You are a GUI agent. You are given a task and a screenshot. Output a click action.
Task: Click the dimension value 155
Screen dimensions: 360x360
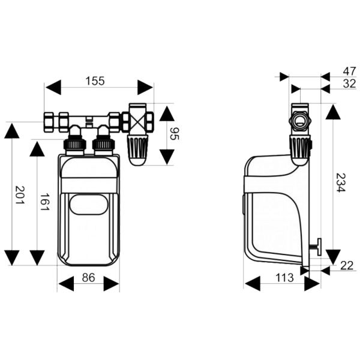pos(95,81)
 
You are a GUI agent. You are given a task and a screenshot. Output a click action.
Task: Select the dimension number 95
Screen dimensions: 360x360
pos(175,134)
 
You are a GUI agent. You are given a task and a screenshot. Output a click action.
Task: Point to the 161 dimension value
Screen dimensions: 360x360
pos(45,202)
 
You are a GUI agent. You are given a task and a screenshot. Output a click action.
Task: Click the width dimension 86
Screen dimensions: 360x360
pos(88,278)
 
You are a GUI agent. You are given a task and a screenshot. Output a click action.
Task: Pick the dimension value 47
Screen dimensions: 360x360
pos(350,71)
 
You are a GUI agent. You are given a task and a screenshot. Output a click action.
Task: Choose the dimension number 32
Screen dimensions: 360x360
pos(350,83)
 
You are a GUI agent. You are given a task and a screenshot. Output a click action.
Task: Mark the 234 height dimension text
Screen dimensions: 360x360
pos(341,182)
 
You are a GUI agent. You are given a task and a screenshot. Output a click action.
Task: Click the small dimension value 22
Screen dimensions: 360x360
pos(347,266)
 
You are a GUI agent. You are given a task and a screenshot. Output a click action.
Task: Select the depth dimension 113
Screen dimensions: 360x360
pos(284,278)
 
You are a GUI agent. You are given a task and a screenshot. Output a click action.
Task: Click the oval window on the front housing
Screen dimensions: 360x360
pos(88,205)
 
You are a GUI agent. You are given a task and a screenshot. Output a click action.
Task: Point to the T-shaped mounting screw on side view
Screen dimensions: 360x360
pos(316,247)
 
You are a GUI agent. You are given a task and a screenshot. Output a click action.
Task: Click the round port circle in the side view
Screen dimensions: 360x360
pos(300,120)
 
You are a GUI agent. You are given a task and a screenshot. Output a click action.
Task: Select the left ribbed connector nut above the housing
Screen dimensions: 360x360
pos(75,144)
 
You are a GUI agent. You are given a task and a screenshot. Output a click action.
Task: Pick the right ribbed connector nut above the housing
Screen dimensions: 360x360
pos(103,144)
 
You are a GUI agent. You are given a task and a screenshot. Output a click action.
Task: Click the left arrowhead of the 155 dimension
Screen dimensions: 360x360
pos(53,88)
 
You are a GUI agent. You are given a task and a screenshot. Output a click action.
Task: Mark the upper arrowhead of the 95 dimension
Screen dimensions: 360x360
pos(167,113)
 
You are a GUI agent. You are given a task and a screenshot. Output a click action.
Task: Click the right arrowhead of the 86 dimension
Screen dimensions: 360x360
pos(112,284)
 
